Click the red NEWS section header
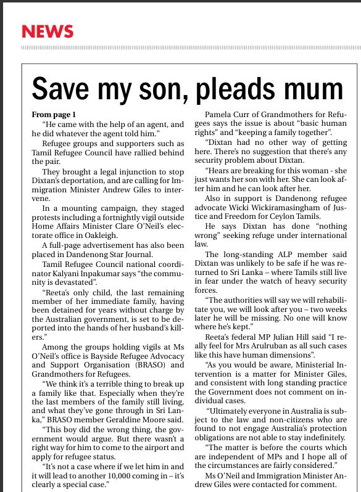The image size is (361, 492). [x=48, y=31]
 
